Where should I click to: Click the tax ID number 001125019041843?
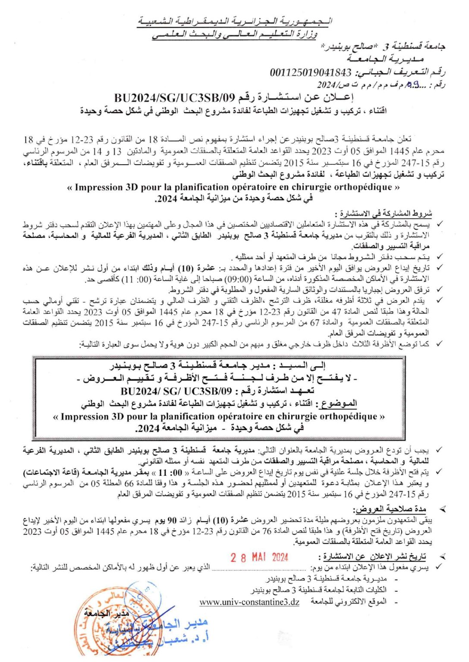(x=310, y=72)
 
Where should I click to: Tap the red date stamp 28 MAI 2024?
(x=259, y=557)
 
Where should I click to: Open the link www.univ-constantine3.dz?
(x=249, y=602)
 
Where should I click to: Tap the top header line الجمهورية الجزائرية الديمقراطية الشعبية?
(x=235, y=21)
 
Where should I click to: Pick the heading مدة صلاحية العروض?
(x=390, y=509)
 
